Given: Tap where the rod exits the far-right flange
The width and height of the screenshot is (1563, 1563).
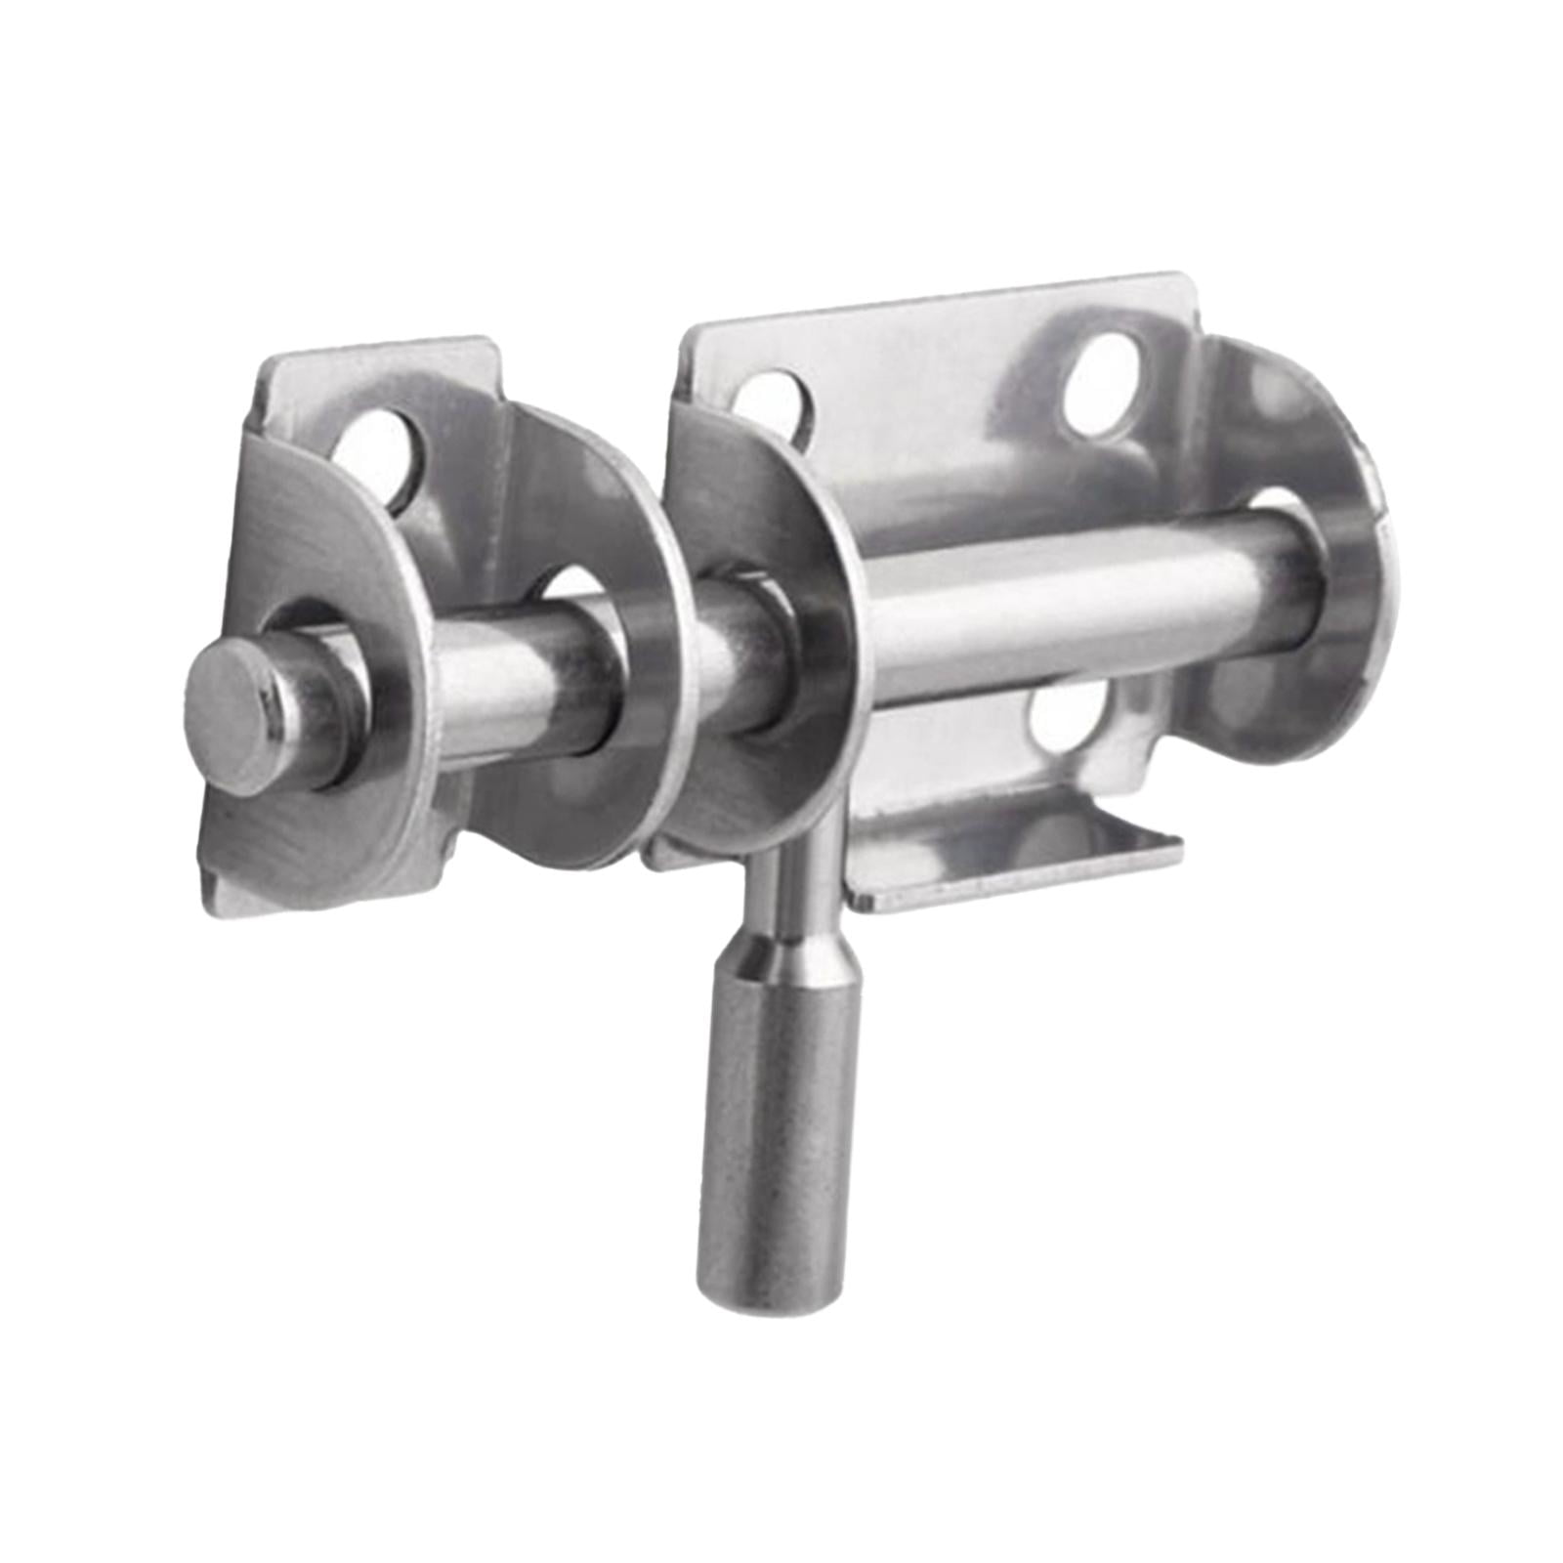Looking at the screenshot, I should coord(1289,576).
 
